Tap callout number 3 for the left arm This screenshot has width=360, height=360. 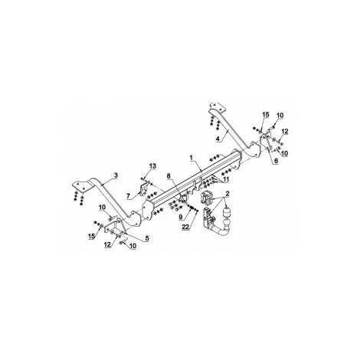coord(116,175)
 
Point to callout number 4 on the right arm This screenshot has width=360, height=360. coord(219,138)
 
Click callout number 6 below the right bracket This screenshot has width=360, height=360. coord(275,162)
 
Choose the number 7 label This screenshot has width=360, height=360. coord(128,196)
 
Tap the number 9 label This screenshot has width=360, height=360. coord(181,217)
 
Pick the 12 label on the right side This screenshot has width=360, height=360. coord(284,133)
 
